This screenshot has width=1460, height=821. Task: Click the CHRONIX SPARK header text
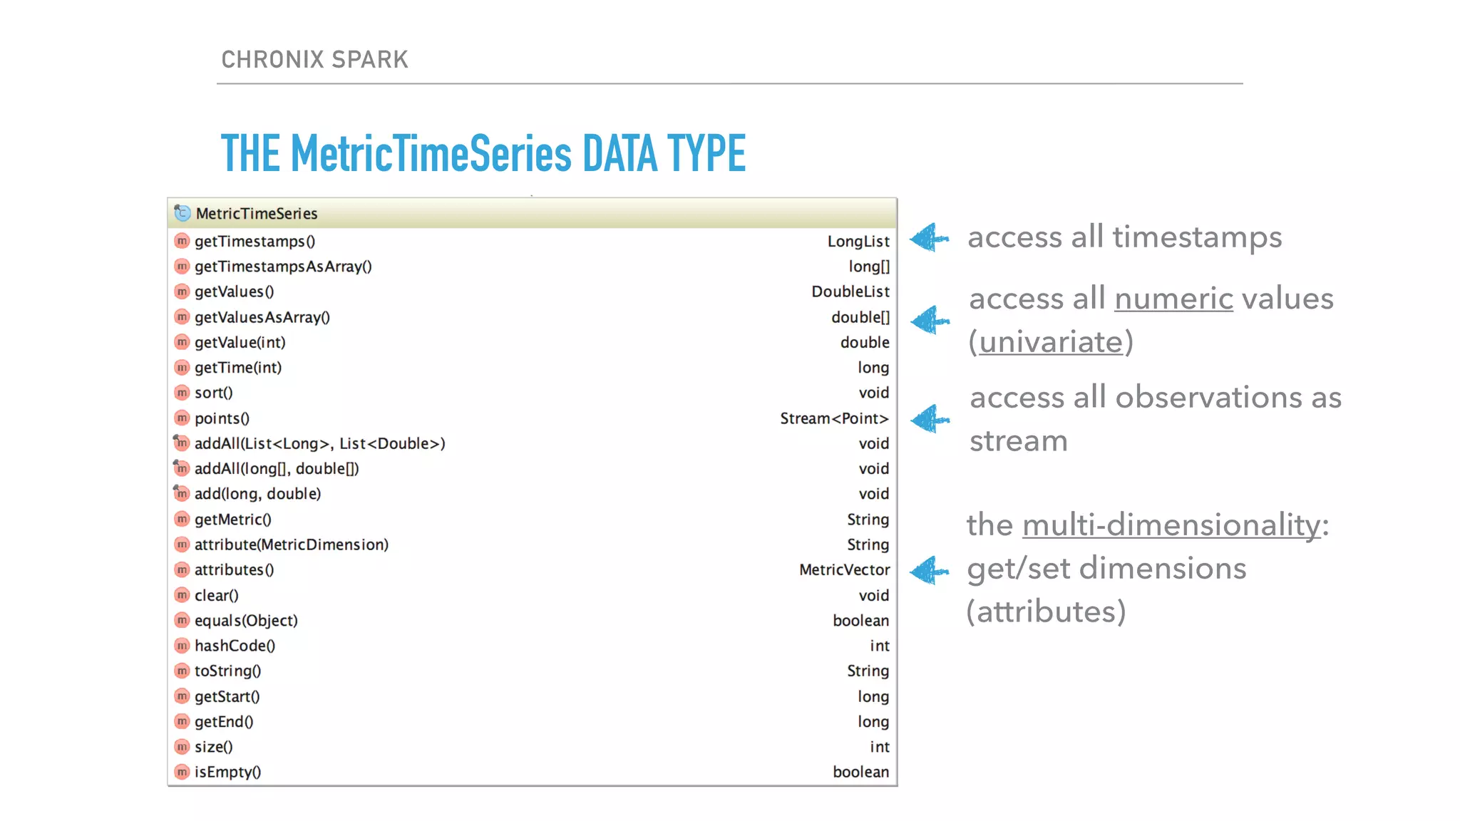[x=314, y=59]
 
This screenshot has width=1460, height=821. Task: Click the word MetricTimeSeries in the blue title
[x=431, y=153]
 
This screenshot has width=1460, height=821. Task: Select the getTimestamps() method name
[x=255, y=242]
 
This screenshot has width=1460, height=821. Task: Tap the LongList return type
[x=858, y=242]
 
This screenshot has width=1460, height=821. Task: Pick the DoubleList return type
[x=850, y=291]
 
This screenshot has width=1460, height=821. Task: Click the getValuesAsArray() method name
[x=262, y=317]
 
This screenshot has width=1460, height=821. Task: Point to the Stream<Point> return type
[x=834, y=418]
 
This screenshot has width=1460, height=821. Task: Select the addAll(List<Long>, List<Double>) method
[x=319, y=443]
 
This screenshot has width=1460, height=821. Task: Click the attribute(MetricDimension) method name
[x=291, y=544]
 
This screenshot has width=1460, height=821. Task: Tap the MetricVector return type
[x=844, y=569]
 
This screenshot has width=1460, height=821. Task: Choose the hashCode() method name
[x=235, y=646]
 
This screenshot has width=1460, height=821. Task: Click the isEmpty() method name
[x=227, y=772]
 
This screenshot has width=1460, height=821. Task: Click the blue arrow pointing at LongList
[x=929, y=238]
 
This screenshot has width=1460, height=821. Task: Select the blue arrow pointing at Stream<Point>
[x=930, y=419]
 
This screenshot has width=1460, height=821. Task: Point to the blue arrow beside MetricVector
[x=930, y=571]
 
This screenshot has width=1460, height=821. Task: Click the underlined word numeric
[x=1173, y=299]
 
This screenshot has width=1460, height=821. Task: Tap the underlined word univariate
[x=1051, y=342]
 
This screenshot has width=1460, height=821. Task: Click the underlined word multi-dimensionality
[x=1171, y=525]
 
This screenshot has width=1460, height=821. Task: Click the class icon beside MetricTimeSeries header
[x=182, y=213]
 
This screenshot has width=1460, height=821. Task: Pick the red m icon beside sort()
[x=182, y=393]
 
